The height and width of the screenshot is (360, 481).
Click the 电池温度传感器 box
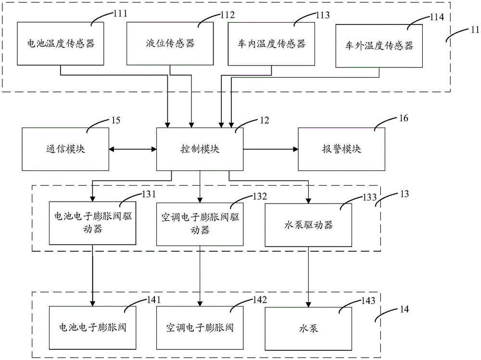pyautogui.click(x=61, y=43)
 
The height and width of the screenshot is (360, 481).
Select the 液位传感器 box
pyautogui.click(x=170, y=43)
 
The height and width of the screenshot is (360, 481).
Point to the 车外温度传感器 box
pyautogui.click(x=379, y=46)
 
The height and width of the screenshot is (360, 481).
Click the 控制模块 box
pyautogui.click(x=200, y=149)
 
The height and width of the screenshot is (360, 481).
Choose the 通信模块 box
pyautogui.click(x=65, y=149)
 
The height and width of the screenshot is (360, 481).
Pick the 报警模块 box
pyautogui.click(x=342, y=149)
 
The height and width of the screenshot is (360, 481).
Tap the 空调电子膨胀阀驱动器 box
pyautogui.click(x=200, y=223)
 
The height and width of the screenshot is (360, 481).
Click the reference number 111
pyautogui.click(x=119, y=13)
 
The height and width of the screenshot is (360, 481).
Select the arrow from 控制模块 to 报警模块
pyautogui.click(x=270, y=149)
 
